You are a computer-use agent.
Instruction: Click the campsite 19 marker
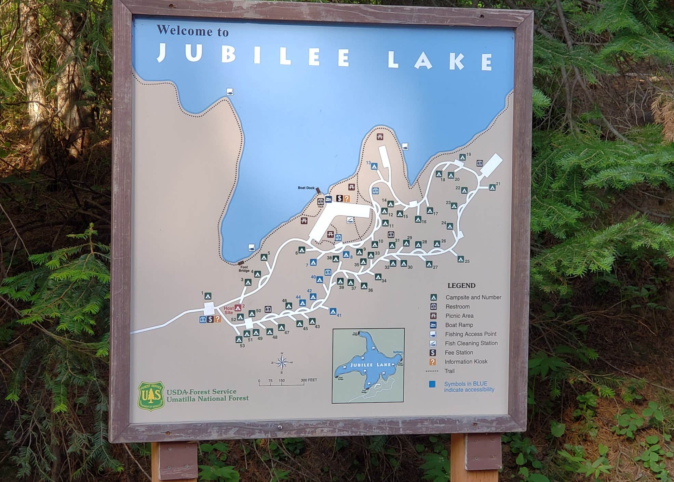pos(462,157)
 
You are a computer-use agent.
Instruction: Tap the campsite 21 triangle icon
pos(492,187)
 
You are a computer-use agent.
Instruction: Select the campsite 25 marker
pos(461,259)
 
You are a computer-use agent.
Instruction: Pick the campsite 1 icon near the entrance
pos(208,296)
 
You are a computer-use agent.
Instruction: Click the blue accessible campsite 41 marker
pos(333,311)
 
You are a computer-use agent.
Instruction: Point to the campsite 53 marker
pos(239,339)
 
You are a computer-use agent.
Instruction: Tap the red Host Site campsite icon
pos(238,308)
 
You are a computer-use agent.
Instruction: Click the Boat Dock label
pos(306,188)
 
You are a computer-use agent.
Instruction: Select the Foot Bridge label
pos(244,269)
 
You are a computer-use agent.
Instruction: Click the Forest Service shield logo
pos(151,396)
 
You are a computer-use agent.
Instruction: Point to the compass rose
pos(282,363)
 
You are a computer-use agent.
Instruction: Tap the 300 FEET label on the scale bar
pos(309,380)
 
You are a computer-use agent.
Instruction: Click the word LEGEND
pos(461,286)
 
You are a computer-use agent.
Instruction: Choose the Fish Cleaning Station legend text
pos(471,343)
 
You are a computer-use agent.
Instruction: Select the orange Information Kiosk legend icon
pos(433,362)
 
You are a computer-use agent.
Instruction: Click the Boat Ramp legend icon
pos(433,325)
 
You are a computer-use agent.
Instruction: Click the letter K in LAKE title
pos(456,61)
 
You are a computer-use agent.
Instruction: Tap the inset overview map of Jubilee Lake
pos(368,365)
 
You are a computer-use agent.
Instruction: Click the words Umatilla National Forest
pos(207,399)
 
